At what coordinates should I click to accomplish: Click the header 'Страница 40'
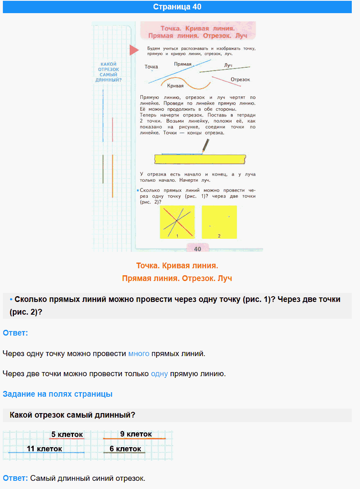coord(177,7)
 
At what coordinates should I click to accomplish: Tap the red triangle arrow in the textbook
coord(134,50)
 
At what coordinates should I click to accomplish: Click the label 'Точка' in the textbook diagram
coord(151,66)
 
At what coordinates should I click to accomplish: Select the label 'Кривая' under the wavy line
coord(175,86)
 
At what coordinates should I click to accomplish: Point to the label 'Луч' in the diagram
coord(228,66)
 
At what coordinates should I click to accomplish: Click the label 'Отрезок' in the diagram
coord(240,80)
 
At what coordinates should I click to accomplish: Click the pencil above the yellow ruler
coord(205,145)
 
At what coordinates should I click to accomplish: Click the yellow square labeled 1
coord(177,222)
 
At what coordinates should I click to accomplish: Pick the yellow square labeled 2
coord(219,222)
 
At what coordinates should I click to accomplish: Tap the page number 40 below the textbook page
coord(197,249)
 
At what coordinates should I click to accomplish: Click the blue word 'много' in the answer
coord(139,354)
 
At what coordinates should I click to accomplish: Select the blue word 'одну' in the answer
coord(159,374)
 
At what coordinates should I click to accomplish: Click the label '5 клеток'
coord(67,434)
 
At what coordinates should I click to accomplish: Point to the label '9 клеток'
coord(136,434)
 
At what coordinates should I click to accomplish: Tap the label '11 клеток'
coord(44,449)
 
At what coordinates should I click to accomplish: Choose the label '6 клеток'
coord(125,449)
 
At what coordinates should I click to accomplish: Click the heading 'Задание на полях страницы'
coord(57,394)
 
